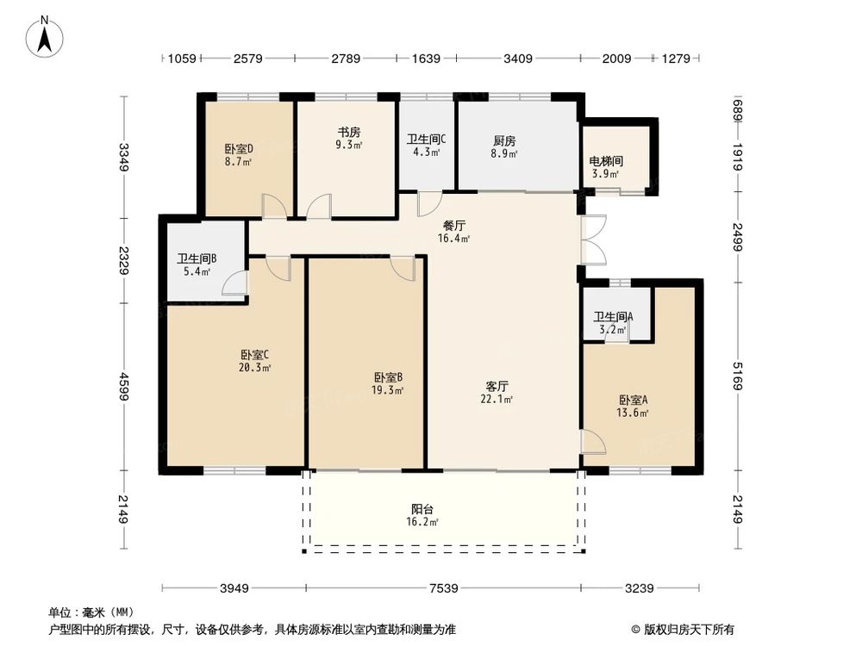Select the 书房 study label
(x=348, y=133)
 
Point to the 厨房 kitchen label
(x=505, y=140)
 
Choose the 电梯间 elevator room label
(x=606, y=161)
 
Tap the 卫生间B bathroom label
(x=197, y=258)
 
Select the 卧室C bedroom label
(x=256, y=354)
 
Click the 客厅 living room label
(x=497, y=386)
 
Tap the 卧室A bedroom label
(x=633, y=400)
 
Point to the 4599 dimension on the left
(x=125, y=388)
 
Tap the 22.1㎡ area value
(x=497, y=399)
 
